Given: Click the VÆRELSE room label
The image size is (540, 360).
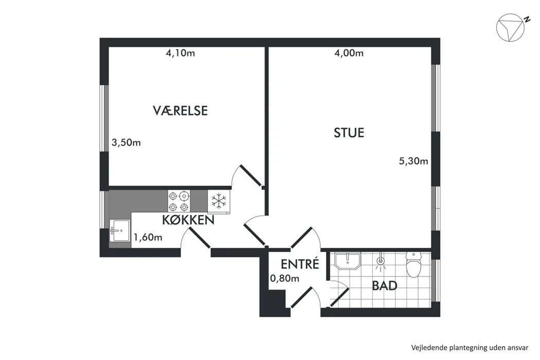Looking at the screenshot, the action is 180,111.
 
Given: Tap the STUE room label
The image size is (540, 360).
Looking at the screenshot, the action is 349,133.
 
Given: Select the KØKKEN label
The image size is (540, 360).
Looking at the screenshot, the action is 188,220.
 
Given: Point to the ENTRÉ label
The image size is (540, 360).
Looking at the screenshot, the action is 300,264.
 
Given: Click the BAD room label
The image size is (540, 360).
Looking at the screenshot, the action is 385,285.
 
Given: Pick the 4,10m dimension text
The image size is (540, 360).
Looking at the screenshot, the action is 181,53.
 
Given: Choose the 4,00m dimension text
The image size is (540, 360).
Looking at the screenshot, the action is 349,53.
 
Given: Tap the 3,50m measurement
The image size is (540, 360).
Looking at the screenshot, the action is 126,142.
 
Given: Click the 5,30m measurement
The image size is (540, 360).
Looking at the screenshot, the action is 413,161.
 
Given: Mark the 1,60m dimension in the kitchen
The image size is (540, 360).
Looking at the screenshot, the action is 148,238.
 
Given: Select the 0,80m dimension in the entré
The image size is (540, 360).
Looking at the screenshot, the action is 284,278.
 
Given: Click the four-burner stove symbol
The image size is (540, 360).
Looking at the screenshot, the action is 179,201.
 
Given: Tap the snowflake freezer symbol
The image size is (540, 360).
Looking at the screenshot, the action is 219,201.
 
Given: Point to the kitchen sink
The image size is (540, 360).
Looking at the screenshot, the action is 120,230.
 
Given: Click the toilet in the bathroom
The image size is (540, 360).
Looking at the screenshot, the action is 412,264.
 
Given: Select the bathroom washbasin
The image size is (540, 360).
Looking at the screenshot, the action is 348,261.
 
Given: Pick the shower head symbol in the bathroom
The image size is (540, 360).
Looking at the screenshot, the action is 380,260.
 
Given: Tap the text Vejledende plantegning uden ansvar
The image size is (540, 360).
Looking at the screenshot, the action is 470,348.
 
